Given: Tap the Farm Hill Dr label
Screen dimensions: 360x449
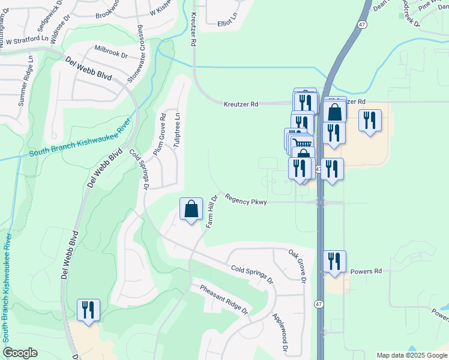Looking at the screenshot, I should (211, 211).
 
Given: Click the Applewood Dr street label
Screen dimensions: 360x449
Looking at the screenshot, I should (280, 332).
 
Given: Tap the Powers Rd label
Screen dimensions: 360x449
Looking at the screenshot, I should (366, 271).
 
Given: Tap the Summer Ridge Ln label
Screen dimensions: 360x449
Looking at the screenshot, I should (26, 81).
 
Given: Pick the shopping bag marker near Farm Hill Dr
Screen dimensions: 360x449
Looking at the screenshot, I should (191, 209).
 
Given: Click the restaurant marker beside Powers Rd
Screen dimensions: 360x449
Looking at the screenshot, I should (334, 261).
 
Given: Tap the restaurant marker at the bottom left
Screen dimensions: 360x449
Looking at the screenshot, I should (88, 310).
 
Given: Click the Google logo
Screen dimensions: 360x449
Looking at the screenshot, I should (20, 353).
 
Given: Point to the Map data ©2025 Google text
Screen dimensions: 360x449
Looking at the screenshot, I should (412, 355).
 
